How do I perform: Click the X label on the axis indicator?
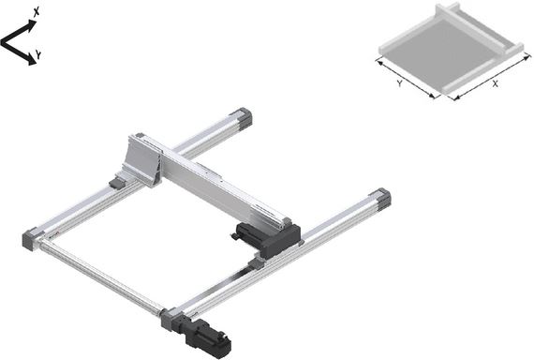37,12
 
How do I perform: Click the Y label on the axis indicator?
39,54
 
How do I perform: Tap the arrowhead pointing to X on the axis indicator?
32,24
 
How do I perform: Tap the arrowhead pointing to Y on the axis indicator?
32,60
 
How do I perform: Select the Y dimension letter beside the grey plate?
399,83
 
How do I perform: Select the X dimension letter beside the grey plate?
496,83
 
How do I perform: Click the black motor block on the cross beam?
269,238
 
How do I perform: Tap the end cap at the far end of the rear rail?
242,117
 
